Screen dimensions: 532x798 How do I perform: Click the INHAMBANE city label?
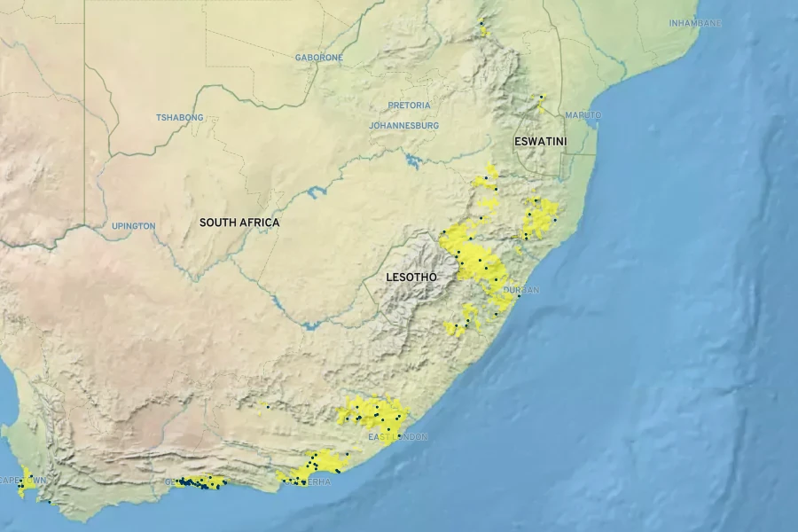click(x=695, y=23)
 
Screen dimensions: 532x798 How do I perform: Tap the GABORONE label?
click(x=318, y=58)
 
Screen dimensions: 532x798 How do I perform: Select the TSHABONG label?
click(x=180, y=118)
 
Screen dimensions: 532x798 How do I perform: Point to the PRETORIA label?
click(x=409, y=106)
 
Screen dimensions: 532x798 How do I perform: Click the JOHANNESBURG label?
click(x=403, y=126)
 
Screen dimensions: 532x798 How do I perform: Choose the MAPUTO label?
click(x=583, y=115)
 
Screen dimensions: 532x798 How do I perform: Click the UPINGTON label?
click(x=133, y=226)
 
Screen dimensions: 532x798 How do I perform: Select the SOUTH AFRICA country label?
click(x=239, y=223)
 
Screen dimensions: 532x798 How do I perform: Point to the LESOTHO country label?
click(x=411, y=278)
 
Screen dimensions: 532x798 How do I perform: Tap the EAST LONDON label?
click(x=398, y=437)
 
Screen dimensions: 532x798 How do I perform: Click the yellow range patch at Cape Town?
click(x=27, y=483)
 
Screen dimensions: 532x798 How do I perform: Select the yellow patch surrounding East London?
click(x=372, y=412)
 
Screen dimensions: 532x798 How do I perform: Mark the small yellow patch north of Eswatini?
click(x=540, y=103)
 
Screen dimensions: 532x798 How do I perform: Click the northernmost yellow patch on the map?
click(x=482, y=28)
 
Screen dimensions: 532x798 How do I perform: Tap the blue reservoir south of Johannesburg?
click(x=413, y=161)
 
